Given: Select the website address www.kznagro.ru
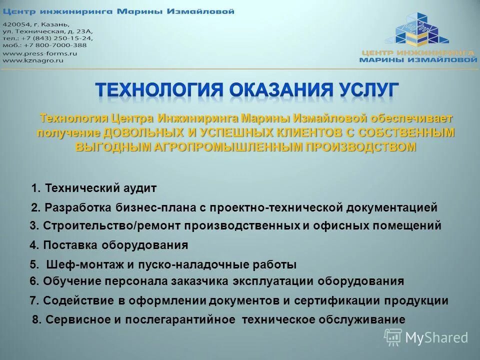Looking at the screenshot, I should [x=33, y=60].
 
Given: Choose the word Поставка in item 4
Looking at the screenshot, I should [x=71, y=245].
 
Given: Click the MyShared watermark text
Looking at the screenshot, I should [x=436, y=337].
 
